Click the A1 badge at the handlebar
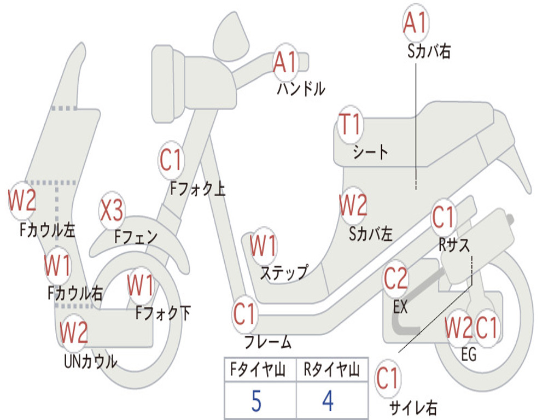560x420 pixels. click(x=285, y=61)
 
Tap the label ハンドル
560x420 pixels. click(x=301, y=88)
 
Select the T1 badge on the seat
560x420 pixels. click(x=350, y=125)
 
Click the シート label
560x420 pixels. click(x=370, y=151)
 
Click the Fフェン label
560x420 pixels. click(x=136, y=237)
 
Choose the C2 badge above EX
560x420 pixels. click(x=395, y=279)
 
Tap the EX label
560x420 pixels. click(x=400, y=307)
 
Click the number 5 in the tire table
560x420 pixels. click(x=256, y=401)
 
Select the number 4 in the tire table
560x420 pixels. click(x=328, y=401)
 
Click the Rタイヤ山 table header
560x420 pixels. click(x=331, y=371)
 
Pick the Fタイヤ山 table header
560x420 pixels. click(x=258, y=371)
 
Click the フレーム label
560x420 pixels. click(x=268, y=343)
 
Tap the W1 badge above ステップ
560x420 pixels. click(x=263, y=246)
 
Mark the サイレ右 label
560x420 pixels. click(x=413, y=407)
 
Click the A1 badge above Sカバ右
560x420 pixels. click(x=415, y=23)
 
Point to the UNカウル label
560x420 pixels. click(x=91, y=361)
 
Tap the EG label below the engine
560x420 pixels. click(x=469, y=354)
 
